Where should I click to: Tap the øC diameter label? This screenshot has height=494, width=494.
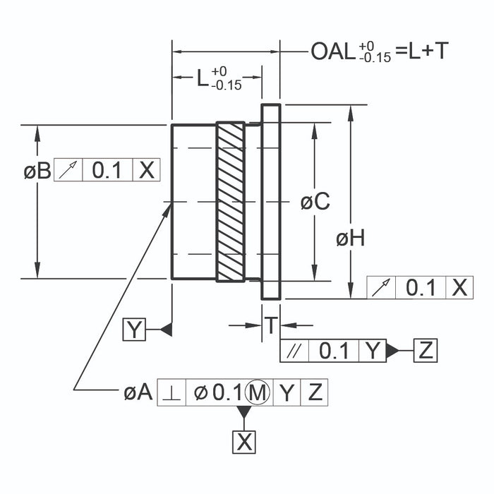click(x=315, y=202)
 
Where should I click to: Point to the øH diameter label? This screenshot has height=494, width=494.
click(x=351, y=240)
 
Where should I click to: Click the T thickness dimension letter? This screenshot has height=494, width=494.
click(x=271, y=325)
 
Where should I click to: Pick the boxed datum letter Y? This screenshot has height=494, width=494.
click(x=134, y=330)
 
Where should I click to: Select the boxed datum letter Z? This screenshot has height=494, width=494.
click(x=426, y=350)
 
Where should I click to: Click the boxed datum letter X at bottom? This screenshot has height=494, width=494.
click(x=244, y=442)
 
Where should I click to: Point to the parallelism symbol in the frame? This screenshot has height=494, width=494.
click(x=295, y=351)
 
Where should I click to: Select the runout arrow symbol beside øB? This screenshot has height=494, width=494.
click(x=68, y=170)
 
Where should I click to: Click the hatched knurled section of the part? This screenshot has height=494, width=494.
click(x=231, y=203)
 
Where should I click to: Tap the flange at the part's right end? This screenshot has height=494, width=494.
click(x=271, y=202)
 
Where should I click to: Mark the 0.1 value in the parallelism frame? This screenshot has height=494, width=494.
click(x=335, y=351)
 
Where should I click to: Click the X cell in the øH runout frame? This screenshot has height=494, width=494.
click(x=459, y=287)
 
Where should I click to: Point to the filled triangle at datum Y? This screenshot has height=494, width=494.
click(x=166, y=330)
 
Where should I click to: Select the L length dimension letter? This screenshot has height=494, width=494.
click(x=202, y=78)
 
